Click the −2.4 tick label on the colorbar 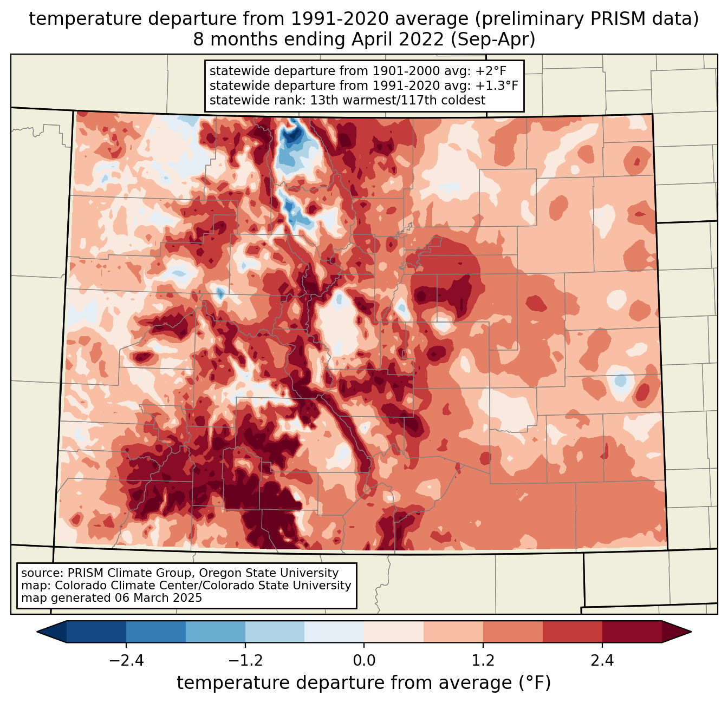click(x=126, y=660)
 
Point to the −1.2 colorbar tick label click(x=245, y=660)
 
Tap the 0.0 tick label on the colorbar click(x=364, y=660)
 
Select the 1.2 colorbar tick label click(x=483, y=660)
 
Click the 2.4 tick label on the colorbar click(x=602, y=660)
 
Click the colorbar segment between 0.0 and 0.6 click(x=394, y=632)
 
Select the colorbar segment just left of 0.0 click(x=334, y=632)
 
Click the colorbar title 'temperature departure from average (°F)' click(x=364, y=682)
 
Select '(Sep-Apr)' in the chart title click(x=493, y=40)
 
